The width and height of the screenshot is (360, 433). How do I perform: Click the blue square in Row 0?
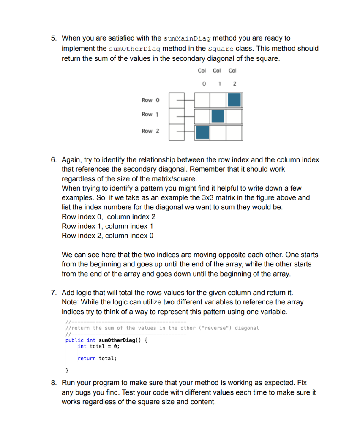click(x=234, y=100)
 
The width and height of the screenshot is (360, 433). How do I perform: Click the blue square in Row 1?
click(x=218, y=116)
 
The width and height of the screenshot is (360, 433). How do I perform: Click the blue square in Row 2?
click(x=202, y=132)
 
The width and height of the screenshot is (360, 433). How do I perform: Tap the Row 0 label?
click(x=150, y=100)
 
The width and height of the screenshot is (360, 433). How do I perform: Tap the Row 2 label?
click(x=150, y=131)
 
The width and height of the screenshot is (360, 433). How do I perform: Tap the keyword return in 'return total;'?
click(x=87, y=358)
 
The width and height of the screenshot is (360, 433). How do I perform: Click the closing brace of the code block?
click(x=67, y=371)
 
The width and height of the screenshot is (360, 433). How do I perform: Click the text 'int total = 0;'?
click(x=98, y=346)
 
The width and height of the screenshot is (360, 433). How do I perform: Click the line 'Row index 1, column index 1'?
click(x=107, y=226)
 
